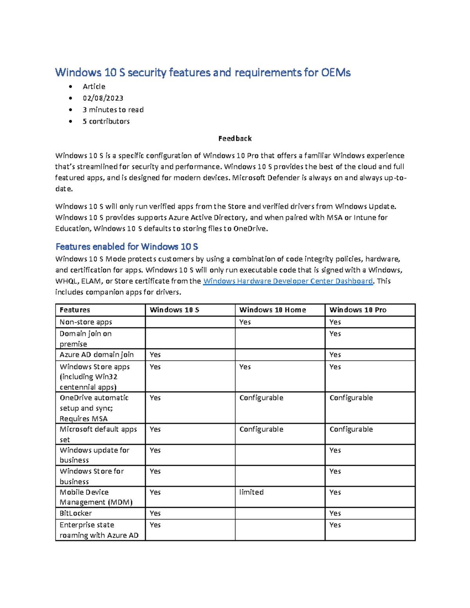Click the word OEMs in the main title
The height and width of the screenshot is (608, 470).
click(x=336, y=72)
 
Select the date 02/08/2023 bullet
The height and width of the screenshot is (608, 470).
click(x=103, y=98)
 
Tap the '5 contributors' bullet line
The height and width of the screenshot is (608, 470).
click(x=106, y=121)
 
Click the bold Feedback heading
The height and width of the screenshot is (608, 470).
click(x=235, y=139)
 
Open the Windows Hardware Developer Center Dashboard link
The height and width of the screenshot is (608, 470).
click(x=288, y=281)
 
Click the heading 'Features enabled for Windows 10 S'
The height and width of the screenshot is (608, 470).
click(x=127, y=247)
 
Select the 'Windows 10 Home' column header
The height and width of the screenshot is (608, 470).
click(x=273, y=310)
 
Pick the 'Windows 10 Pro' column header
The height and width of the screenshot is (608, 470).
click(x=358, y=310)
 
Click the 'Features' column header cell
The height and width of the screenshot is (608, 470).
click(x=75, y=310)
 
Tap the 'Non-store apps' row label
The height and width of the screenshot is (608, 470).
click(x=86, y=322)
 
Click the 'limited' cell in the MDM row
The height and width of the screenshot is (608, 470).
click(x=251, y=492)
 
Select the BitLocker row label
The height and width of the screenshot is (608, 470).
click(x=76, y=513)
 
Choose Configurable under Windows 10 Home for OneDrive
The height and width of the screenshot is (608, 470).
click(x=261, y=398)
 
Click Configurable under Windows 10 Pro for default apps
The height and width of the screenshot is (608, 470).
click(x=351, y=429)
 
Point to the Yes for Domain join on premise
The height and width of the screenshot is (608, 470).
click(x=335, y=334)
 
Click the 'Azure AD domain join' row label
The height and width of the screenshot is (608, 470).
click(x=96, y=355)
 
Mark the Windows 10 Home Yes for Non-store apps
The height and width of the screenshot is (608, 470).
click(x=245, y=322)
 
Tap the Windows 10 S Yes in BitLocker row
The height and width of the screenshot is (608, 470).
click(x=155, y=513)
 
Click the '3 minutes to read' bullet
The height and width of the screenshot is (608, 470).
click(x=113, y=110)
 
